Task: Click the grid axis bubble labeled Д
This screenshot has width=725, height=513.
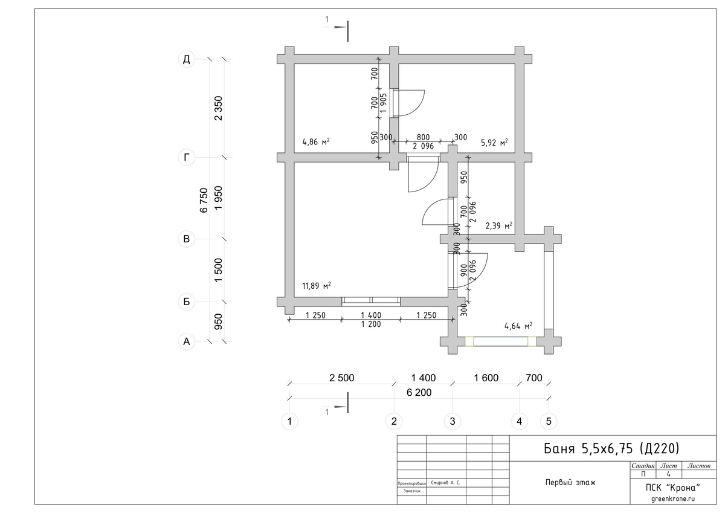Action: (x=187, y=59)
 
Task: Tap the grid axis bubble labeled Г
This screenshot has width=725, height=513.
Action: (x=187, y=158)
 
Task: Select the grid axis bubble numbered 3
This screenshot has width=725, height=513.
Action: (x=453, y=421)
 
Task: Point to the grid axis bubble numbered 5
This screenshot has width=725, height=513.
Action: (x=549, y=421)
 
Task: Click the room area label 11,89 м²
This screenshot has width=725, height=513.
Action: (x=316, y=285)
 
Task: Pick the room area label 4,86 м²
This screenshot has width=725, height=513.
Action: (x=315, y=141)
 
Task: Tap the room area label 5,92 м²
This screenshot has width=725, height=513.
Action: (x=494, y=143)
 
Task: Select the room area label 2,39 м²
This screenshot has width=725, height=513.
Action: (x=499, y=225)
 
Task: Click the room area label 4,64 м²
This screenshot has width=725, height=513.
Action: (x=518, y=326)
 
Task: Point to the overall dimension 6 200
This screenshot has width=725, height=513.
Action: (x=419, y=393)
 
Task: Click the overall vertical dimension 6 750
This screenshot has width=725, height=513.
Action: (x=204, y=201)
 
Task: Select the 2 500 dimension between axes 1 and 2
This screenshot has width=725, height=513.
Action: (x=342, y=378)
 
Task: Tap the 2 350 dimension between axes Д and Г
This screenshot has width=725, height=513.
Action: (x=219, y=108)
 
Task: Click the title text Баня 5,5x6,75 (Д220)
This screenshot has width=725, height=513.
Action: (x=611, y=448)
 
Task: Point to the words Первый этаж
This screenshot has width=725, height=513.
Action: (x=570, y=482)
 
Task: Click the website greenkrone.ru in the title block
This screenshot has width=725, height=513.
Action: (x=673, y=498)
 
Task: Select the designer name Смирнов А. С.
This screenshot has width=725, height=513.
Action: (x=445, y=483)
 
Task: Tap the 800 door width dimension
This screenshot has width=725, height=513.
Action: (x=423, y=137)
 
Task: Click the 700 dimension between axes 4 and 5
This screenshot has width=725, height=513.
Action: (x=534, y=378)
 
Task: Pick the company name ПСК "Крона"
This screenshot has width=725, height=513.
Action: (x=673, y=487)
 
